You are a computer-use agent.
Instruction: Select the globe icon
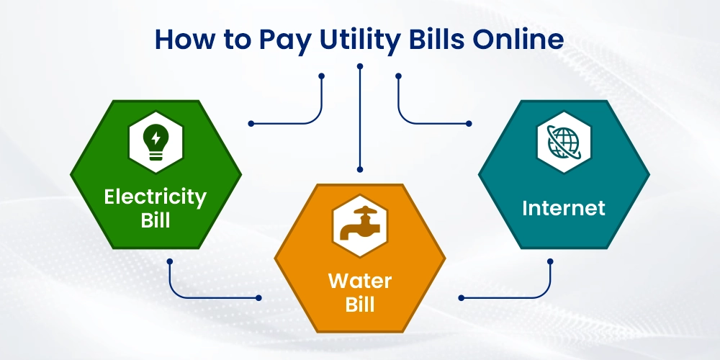(564, 140)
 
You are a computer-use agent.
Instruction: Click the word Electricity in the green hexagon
(155, 196)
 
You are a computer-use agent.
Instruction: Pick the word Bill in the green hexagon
(155, 220)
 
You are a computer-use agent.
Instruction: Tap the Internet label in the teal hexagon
(564, 208)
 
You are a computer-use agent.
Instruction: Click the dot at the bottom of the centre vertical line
(360, 170)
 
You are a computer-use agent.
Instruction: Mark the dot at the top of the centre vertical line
(360, 66)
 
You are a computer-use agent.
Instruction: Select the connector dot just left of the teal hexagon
(469, 123)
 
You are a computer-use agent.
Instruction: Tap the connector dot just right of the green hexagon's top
(251, 123)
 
